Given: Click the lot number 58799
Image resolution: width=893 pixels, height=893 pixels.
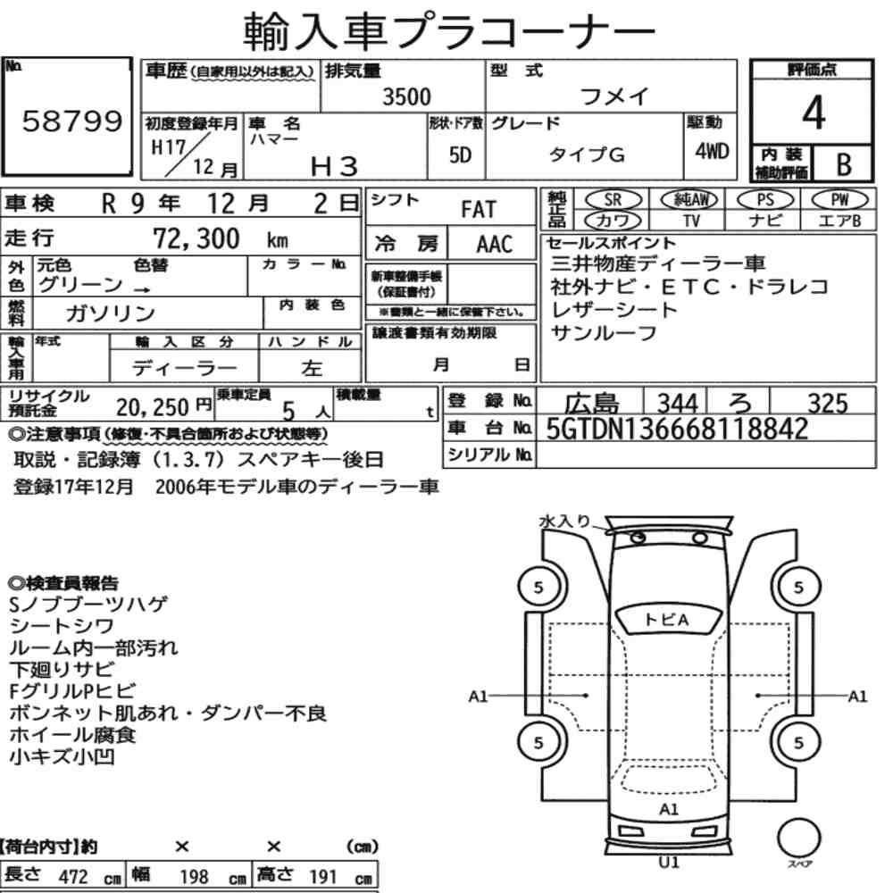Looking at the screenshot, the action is (x=71, y=121).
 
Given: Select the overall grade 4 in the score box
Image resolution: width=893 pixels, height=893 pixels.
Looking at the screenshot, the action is (x=814, y=113).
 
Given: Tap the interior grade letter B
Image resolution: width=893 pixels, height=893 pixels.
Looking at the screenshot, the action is (x=844, y=164).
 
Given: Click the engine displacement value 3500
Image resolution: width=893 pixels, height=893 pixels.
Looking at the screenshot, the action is (x=406, y=96).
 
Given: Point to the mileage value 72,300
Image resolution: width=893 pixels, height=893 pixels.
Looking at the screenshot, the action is (x=196, y=238).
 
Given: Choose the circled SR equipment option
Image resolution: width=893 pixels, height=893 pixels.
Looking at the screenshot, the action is (x=613, y=199).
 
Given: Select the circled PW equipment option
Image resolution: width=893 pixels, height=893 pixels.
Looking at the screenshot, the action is (x=839, y=199).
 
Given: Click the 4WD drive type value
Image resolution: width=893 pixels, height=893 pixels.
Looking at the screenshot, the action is (x=712, y=151).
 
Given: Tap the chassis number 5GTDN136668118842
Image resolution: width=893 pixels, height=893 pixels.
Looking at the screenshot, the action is (x=677, y=429).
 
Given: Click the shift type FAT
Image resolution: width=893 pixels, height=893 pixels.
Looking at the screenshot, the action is (x=479, y=209).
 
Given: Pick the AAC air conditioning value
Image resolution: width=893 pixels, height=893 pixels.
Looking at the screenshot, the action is (x=495, y=244).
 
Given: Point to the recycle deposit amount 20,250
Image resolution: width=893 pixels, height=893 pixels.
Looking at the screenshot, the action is (x=152, y=406).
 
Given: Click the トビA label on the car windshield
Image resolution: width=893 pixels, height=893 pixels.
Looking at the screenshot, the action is (x=666, y=619).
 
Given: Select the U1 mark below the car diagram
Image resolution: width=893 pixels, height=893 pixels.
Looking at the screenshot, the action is (x=669, y=863).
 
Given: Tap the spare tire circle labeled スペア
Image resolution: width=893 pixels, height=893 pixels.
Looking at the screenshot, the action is (x=799, y=839).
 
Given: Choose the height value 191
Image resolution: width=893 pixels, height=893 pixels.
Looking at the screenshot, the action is (x=323, y=876).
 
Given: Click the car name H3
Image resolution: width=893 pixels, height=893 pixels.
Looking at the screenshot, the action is (x=334, y=166).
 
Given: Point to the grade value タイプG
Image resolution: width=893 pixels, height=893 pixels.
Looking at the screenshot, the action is (x=587, y=154).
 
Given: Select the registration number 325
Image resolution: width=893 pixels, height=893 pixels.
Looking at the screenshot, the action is (x=828, y=404).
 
